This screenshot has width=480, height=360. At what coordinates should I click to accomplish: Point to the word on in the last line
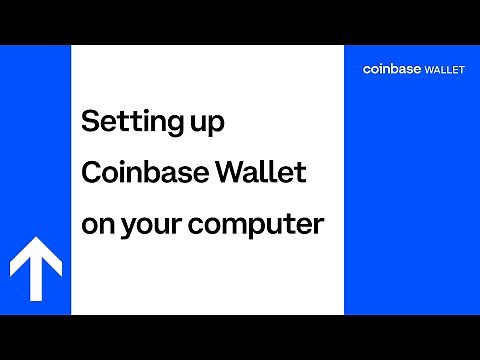point(96,225)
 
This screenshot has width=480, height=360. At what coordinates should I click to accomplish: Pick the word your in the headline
point(151,227)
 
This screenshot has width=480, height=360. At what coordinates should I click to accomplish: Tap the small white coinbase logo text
point(391,69)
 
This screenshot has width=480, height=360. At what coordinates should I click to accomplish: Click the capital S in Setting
point(88,123)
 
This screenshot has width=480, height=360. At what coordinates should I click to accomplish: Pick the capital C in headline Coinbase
point(91,174)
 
